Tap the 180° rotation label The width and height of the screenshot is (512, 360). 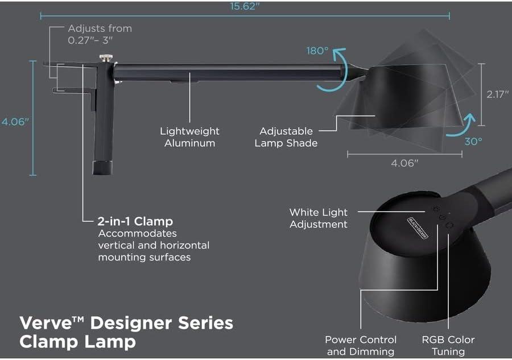(x=317, y=51)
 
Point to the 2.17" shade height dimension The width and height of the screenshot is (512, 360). (x=496, y=95)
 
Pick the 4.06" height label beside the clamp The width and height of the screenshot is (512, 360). (x=14, y=122)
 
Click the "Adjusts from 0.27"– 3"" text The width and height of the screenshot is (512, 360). (x=100, y=34)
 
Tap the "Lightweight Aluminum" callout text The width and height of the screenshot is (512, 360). (x=189, y=137)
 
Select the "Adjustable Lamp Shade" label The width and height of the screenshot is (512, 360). (x=286, y=137)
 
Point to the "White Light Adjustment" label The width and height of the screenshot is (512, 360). (x=318, y=218)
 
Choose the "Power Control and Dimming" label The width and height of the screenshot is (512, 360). (x=361, y=345)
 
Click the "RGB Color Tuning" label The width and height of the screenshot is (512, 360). (x=448, y=345)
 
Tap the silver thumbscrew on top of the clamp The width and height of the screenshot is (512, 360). (x=105, y=59)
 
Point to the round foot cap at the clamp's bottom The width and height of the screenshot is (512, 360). (x=102, y=168)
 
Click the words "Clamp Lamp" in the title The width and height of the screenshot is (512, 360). (x=77, y=341)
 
